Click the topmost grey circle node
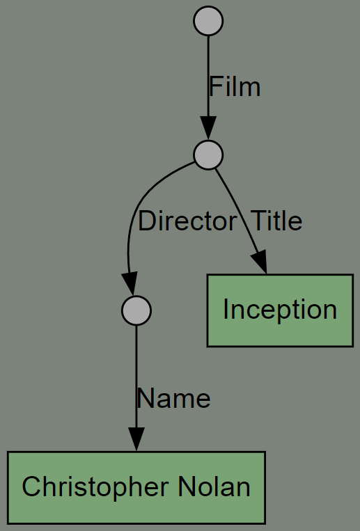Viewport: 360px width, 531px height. pyautogui.click(x=208, y=21)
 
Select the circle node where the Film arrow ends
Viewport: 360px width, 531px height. pyautogui.click(x=208, y=154)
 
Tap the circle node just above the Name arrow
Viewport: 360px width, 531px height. pyautogui.click(x=136, y=310)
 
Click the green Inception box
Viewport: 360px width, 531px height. pyautogui.click(x=280, y=310)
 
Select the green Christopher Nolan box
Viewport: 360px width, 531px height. pyautogui.click(x=136, y=487)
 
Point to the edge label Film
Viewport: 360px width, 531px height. pyautogui.click(x=235, y=87)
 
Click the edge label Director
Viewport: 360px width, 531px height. pyautogui.click(x=187, y=221)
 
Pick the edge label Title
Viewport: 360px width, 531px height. pyautogui.click(x=276, y=221)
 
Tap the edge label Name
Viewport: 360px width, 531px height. pyautogui.click(x=173, y=398)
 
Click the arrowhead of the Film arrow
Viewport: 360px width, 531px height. pyautogui.click(x=208, y=128)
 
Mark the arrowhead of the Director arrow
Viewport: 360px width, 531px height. pyautogui.click(x=130, y=284)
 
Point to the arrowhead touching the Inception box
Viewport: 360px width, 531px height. pyautogui.click(x=260, y=262)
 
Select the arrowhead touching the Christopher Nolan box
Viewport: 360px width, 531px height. pyautogui.click(x=136, y=439)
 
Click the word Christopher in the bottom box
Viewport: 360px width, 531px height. pyautogui.click(x=95, y=487)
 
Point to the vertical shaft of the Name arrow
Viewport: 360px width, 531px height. pyautogui.click(x=136, y=377)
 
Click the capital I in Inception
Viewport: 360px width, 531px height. pyautogui.click(x=226, y=310)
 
